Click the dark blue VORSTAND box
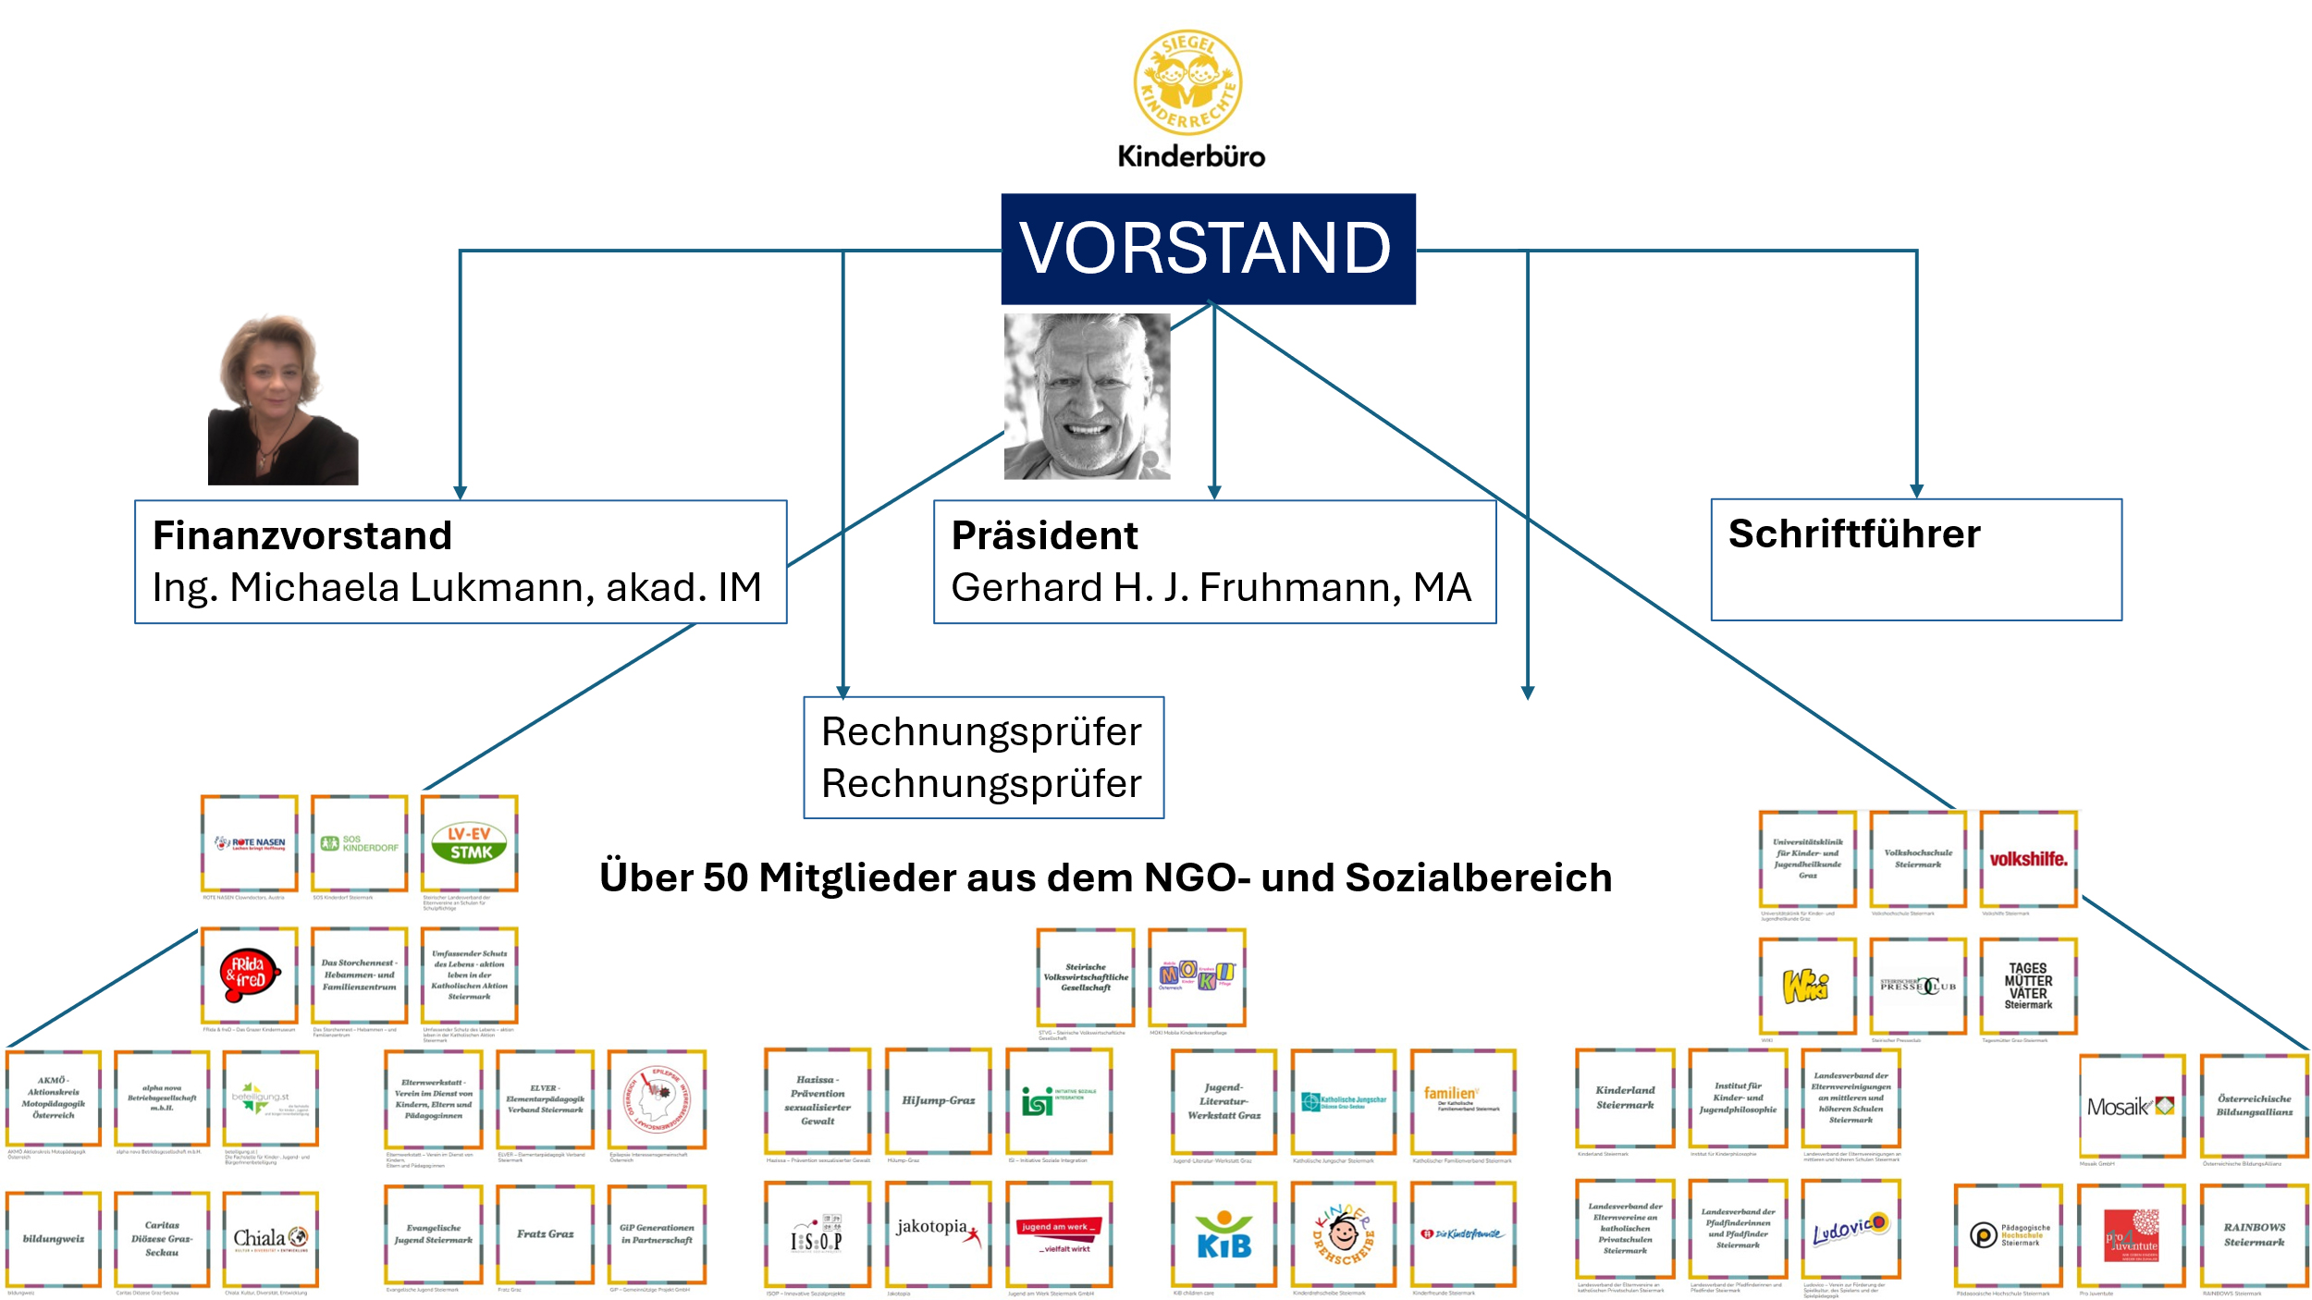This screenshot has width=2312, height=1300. [1208, 249]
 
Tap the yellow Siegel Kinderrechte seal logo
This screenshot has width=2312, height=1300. [1188, 82]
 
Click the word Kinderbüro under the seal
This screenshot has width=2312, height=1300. [1191, 156]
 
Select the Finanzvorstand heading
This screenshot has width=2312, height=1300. [302, 535]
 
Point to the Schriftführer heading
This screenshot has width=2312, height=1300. [1854, 533]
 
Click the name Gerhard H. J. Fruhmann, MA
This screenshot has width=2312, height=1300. [1211, 587]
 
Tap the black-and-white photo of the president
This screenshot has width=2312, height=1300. [1087, 396]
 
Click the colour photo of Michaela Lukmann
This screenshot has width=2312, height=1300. [282, 399]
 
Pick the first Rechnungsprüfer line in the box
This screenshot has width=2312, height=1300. [981, 731]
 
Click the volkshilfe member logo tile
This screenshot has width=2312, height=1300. [2028, 859]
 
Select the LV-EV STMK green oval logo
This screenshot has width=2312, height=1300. [470, 843]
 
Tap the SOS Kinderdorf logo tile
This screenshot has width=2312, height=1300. [360, 843]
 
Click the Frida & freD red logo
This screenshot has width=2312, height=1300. [249, 975]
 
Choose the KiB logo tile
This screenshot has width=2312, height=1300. [1224, 1233]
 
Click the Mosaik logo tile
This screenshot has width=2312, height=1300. [2132, 1106]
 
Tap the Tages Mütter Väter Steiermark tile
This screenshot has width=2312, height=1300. [2028, 986]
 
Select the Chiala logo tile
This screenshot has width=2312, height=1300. [270, 1238]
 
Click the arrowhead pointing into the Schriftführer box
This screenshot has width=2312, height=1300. [1916, 491]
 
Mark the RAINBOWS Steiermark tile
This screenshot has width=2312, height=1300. [2254, 1235]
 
